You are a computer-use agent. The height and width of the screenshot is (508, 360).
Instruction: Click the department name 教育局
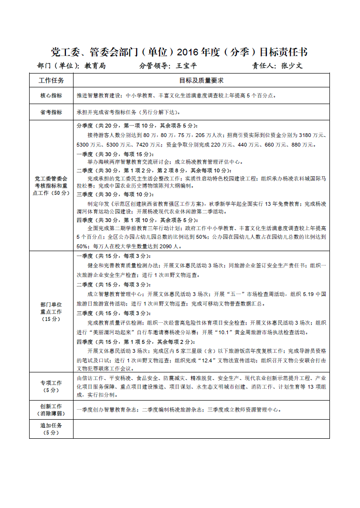tap(95, 66)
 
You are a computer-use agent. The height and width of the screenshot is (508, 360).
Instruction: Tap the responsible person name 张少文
tap(292, 66)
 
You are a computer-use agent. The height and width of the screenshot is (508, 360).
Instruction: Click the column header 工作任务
tap(51, 80)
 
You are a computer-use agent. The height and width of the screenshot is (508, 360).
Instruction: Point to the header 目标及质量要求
tap(201, 80)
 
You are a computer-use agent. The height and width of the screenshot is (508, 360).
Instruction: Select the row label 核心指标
tap(51, 95)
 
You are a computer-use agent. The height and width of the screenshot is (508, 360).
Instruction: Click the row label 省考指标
tap(51, 112)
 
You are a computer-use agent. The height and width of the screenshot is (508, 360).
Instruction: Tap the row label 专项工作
tap(51, 383)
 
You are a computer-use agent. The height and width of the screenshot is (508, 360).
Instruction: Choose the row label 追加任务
tap(51, 424)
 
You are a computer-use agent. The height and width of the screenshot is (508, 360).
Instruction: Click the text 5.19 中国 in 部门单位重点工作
tap(315, 294)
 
